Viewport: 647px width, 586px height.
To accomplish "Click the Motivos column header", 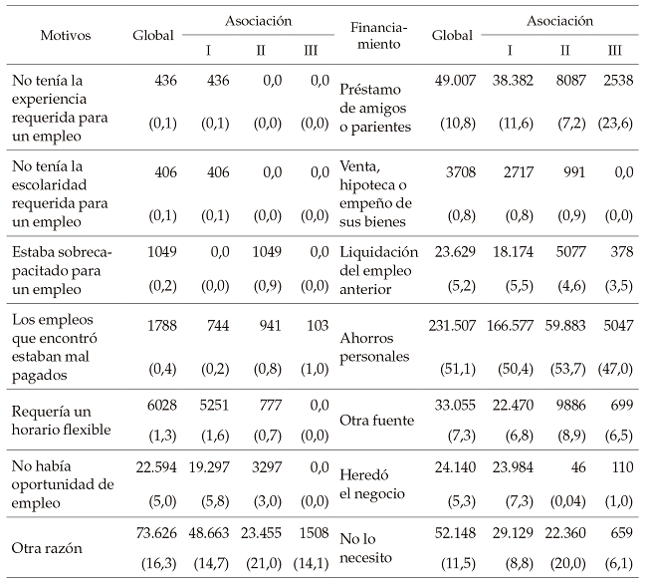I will [x=66, y=35].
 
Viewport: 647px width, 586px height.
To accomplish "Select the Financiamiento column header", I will [x=376, y=36].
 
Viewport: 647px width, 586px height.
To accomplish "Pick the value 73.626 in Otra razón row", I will [x=152, y=534].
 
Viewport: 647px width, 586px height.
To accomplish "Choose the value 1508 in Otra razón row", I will [x=315, y=534].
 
